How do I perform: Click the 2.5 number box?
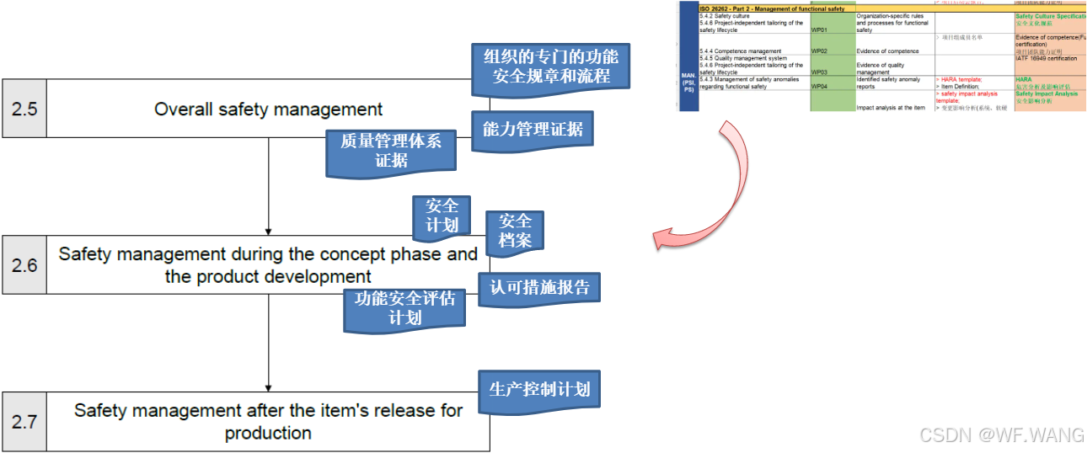(x=24, y=109)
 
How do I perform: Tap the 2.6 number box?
(x=24, y=265)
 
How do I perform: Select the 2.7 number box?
(x=24, y=421)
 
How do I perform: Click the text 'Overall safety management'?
(x=268, y=109)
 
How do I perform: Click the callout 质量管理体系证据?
(x=391, y=151)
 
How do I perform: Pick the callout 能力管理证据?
(x=533, y=130)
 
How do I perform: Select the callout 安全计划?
(x=442, y=216)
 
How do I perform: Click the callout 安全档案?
(x=515, y=230)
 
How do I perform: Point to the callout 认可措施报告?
(x=539, y=288)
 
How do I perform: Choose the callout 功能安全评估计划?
(x=404, y=308)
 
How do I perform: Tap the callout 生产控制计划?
(x=539, y=389)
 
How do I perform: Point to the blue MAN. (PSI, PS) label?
(x=688, y=80)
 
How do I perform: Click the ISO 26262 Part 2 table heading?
(x=772, y=8)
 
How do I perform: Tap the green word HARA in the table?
(x=1024, y=79)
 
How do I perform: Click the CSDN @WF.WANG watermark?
(x=1001, y=434)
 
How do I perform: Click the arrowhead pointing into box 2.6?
(x=268, y=230)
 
